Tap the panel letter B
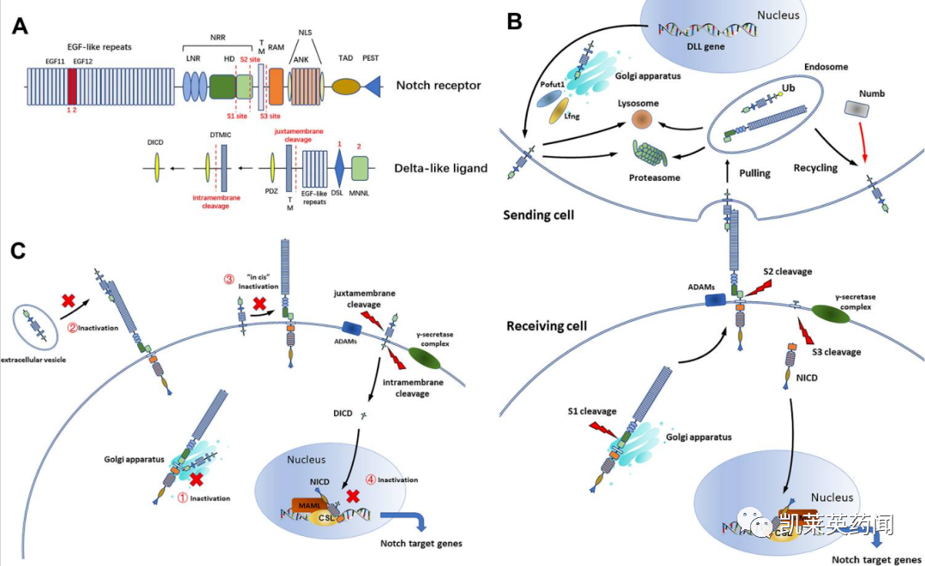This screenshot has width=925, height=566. pyautogui.click(x=514, y=21)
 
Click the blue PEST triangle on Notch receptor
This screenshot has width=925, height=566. pyautogui.click(x=373, y=86)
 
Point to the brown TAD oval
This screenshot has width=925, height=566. pyautogui.click(x=345, y=86)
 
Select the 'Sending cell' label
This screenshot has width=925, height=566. pyautogui.click(x=539, y=214)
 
